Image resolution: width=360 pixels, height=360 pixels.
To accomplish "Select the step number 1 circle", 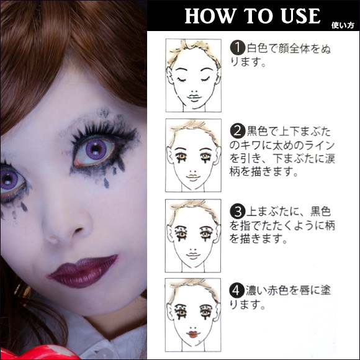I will pyautogui.click(x=236, y=48).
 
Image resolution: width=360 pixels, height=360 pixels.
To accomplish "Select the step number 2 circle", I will pyautogui.click(x=236, y=131).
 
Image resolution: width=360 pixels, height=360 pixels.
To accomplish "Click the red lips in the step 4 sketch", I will pyautogui.click(x=192, y=335).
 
